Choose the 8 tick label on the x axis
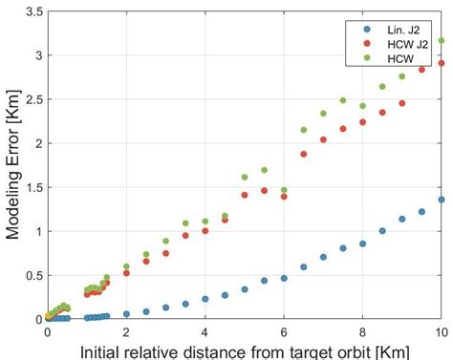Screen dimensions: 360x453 coord(362,329)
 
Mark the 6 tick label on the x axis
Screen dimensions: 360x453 coord(284,329)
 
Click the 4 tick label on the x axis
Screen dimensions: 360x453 coord(205,329)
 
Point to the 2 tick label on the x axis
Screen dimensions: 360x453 coord(126,329)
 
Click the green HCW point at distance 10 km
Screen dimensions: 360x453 coord(441,41)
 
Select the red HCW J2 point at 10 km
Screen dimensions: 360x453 coord(441,64)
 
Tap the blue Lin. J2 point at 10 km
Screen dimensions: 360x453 coord(441,200)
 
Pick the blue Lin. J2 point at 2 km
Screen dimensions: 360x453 coord(126,313)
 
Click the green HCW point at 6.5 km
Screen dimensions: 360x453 coord(304,130)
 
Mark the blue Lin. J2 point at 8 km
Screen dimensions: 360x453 coord(362,244)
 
